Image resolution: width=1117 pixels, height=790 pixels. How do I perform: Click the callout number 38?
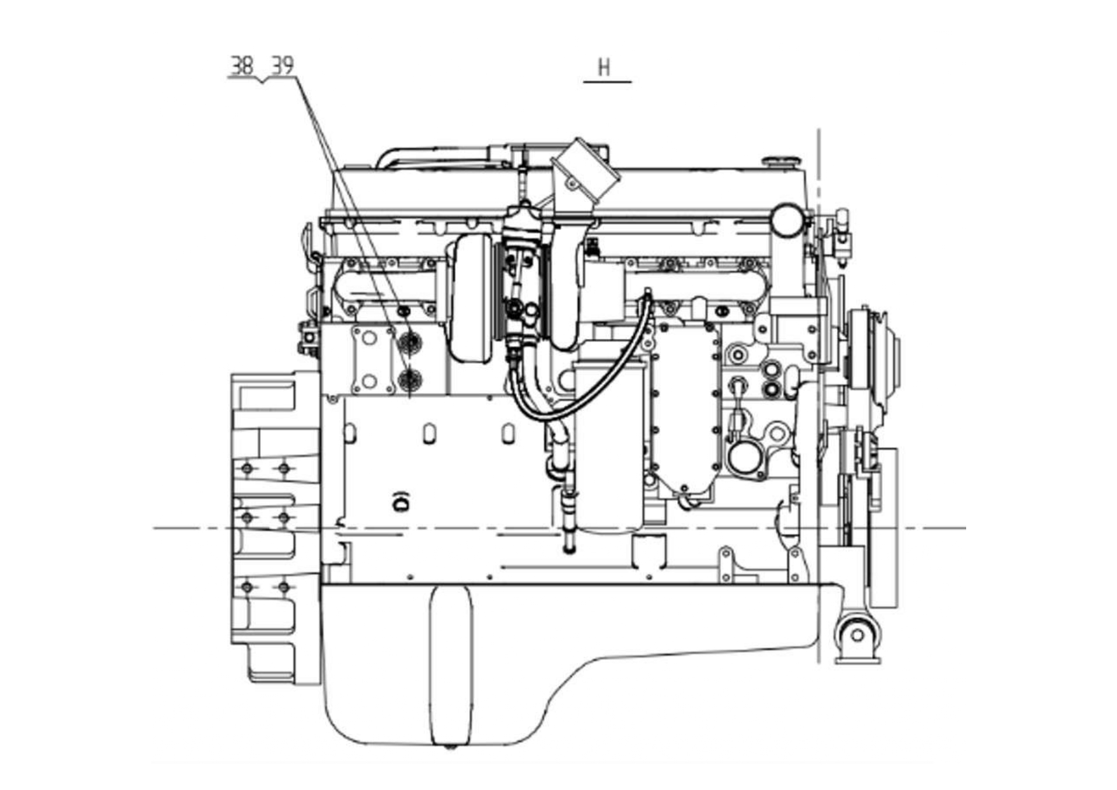coord(242,66)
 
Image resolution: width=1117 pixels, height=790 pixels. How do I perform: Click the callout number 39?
coord(283,66)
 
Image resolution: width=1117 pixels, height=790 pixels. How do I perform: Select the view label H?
coord(604,68)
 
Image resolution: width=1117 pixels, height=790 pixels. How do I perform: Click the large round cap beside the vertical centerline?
coord(787,220)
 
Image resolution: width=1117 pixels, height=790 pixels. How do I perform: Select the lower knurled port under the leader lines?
coord(409,380)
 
